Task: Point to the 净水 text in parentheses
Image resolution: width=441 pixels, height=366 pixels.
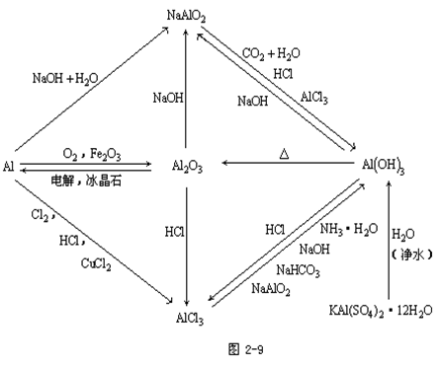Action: point(402,255)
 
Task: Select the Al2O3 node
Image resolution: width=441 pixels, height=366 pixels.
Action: point(188,167)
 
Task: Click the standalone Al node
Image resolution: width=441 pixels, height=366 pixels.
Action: point(8,166)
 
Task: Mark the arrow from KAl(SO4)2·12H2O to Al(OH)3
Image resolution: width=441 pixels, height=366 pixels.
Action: point(385,237)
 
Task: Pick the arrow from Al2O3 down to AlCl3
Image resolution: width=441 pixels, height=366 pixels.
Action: point(188,237)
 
